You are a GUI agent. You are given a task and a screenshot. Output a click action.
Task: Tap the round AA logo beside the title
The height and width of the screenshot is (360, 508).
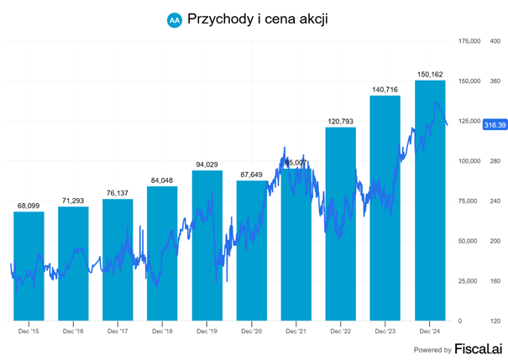174,18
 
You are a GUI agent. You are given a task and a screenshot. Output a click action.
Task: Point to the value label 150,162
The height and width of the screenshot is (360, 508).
431,74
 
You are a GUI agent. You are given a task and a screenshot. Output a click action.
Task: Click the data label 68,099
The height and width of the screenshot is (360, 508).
29,205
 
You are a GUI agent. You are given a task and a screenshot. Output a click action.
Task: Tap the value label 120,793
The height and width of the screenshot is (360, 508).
341,121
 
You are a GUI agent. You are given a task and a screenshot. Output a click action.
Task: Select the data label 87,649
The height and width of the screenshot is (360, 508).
252,174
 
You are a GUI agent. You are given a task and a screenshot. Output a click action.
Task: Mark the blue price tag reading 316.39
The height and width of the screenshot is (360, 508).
495,124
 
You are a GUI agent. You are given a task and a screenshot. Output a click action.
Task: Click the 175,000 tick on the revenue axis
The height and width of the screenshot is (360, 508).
468,40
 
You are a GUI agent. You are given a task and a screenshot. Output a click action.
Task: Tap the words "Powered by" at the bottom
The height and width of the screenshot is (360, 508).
432,349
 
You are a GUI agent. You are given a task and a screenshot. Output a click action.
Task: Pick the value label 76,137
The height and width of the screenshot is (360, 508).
118,192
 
